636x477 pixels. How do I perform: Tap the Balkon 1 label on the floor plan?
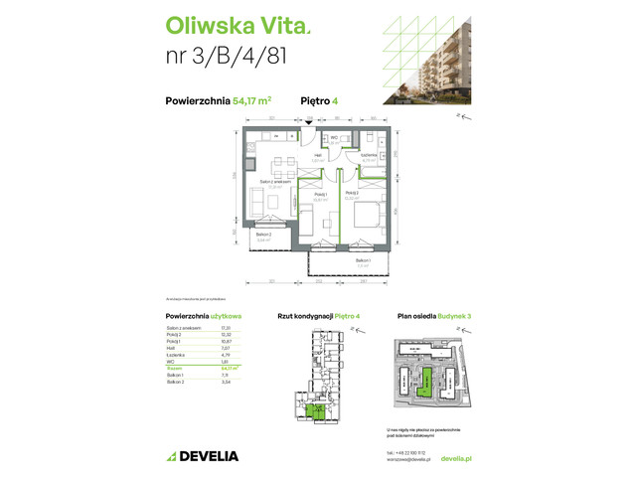coord(364,261)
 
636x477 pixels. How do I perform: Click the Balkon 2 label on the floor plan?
coord(264,236)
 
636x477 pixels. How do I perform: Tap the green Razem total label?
coord(174,369)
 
